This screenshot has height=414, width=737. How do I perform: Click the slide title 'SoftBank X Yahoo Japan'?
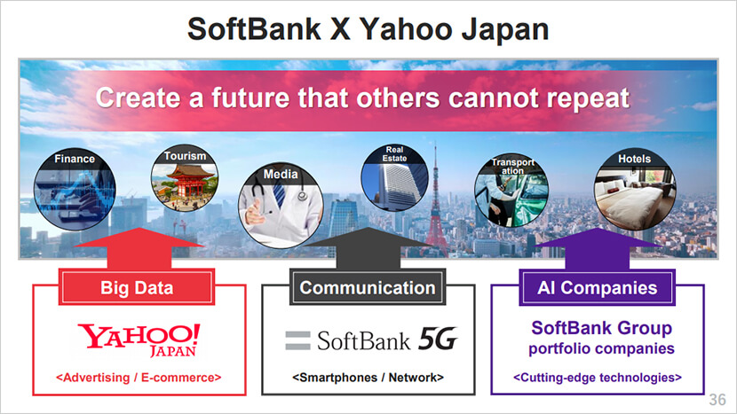368,29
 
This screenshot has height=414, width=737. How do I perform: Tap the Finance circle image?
75,189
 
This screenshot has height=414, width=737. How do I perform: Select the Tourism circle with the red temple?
185,178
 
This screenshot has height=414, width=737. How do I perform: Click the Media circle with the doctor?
281,206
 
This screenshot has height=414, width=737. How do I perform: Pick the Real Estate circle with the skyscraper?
394,178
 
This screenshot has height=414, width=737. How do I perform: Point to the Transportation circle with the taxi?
511,190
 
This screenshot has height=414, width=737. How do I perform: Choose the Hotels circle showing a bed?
635,189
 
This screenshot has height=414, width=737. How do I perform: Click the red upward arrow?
139,248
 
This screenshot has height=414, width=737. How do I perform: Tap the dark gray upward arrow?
368,248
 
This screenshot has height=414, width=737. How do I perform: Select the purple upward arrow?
598,249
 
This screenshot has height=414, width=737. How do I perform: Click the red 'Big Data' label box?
137,287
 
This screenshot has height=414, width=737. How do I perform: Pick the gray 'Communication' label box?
368,287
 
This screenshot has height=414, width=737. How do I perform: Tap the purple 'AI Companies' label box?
597,287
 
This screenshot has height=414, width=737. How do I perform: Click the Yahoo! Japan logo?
139,340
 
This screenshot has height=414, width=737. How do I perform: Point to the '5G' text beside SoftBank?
438,339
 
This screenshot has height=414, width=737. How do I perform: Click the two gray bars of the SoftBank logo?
298,340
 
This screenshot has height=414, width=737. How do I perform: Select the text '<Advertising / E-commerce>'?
139,378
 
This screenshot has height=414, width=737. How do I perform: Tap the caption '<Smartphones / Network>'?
368,378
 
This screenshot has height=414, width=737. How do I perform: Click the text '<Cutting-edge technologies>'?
598,378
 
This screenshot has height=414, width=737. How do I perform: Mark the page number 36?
717,400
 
